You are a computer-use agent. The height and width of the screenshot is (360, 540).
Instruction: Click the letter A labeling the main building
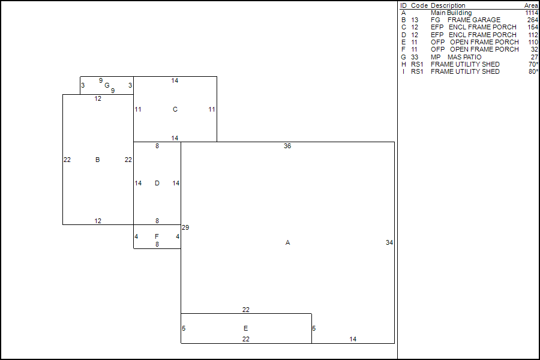point(288,242)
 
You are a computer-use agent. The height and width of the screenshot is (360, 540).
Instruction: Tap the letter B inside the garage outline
point(97,160)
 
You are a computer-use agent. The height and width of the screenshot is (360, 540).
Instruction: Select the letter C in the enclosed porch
point(175,109)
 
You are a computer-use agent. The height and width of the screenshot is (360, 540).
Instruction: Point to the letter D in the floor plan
point(157,183)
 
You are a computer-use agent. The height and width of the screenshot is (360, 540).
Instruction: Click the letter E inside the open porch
point(246,328)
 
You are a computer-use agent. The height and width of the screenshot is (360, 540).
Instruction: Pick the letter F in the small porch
point(157,236)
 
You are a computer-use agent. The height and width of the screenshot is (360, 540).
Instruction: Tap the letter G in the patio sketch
point(107,85)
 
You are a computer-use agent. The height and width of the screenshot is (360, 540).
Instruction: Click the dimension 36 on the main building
point(287,146)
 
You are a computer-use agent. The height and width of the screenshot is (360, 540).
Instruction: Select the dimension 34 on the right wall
point(389,242)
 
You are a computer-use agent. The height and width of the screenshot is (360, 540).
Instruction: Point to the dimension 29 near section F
point(185,227)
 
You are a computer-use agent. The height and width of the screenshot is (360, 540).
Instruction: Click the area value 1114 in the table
point(531,13)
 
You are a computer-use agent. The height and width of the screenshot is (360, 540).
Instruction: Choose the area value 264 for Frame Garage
point(533,20)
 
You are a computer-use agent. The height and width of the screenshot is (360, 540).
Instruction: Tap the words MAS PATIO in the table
point(464,57)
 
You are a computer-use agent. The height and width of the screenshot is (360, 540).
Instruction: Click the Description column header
point(448,5)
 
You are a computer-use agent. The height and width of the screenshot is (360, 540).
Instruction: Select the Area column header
point(531,5)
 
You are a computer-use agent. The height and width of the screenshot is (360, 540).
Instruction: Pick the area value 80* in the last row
point(533,71)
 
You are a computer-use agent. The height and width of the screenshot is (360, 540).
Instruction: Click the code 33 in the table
point(415,57)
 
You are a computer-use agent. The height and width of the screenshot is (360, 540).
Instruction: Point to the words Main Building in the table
point(451,13)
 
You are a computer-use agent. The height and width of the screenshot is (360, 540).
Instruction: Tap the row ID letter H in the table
point(403,64)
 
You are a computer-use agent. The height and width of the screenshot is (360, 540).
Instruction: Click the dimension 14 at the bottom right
point(353,339)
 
